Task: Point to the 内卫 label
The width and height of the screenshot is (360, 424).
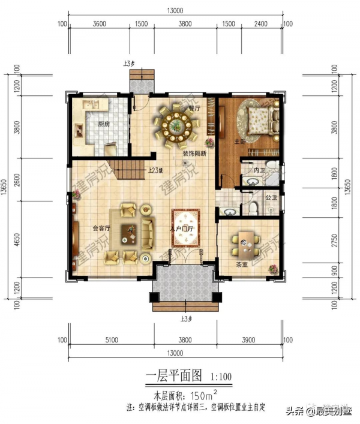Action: tap(259, 172)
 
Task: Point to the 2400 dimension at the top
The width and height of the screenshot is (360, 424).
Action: tap(261, 25)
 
